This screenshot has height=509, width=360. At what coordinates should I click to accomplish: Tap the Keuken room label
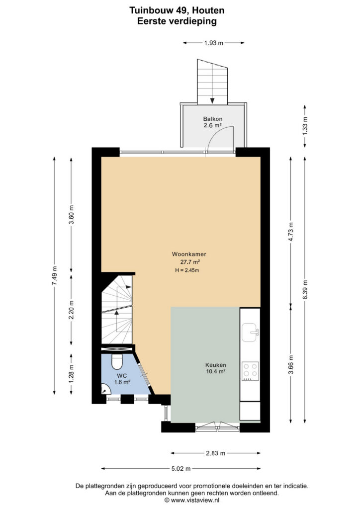(x=215, y=365)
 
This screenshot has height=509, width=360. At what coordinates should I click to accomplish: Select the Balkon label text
(x=213, y=119)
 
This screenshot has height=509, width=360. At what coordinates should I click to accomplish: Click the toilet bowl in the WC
(x=116, y=361)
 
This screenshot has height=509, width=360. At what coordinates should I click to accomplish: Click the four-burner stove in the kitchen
(x=250, y=371)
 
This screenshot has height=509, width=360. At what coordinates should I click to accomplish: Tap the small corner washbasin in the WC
(x=104, y=389)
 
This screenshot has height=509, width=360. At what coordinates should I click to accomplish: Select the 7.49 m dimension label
(x=54, y=275)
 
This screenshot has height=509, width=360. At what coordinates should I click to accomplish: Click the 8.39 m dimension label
(x=304, y=290)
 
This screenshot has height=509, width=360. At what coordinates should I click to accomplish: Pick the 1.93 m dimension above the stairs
(x=214, y=43)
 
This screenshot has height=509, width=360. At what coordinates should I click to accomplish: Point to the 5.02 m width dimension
(x=181, y=468)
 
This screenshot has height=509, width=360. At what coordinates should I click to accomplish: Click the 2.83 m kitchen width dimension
(x=215, y=453)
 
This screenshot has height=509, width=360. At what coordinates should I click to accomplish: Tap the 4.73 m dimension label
(x=290, y=232)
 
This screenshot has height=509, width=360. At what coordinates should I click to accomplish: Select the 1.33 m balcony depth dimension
(x=304, y=125)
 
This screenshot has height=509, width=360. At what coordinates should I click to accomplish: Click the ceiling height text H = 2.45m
(x=187, y=270)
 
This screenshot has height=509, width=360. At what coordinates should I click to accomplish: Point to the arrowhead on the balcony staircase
(x=212, y=100)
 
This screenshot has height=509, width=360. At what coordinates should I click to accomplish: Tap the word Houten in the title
(x=208, y=10)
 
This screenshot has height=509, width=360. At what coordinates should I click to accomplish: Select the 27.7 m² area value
(x=190, y=262)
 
